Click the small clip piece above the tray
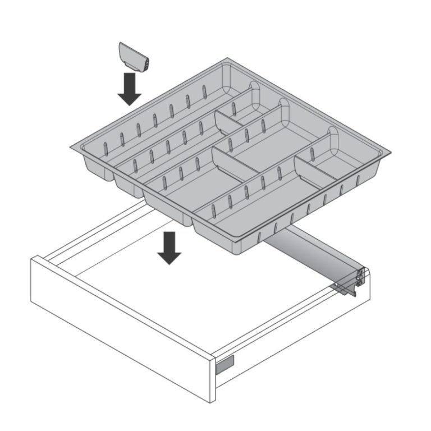(x=134, y=57)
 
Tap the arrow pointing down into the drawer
(x=169, y=248)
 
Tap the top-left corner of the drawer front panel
(x=33, y=258)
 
